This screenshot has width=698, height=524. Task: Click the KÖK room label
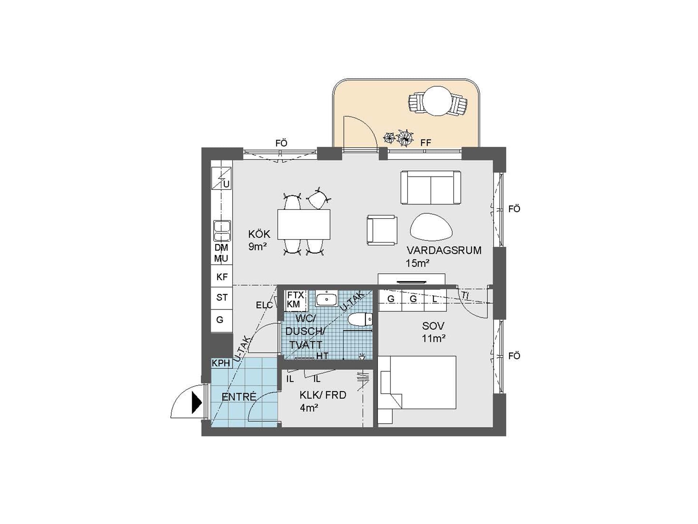(x=259, y=234)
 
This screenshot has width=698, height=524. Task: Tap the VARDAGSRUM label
(x=444, y=250)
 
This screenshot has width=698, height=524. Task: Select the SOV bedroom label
(x=433, y=326)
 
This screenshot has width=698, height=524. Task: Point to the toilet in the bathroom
(x=360, y=319)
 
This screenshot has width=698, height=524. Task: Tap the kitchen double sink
(x=222, y=231)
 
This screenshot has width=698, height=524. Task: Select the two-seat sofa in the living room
(x=431, y=187)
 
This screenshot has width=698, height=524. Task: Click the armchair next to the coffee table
(x=382, y=230)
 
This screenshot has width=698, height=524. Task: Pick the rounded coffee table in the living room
(x=431, y=227)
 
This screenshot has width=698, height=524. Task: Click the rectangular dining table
(x=304, y=224)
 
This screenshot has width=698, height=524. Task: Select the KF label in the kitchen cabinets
(x=222, y=277)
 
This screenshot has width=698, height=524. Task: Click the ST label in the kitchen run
(x=222, y=298)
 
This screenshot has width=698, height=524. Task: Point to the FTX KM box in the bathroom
(x=295, y=300)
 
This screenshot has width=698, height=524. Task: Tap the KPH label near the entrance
(x=221, y=363)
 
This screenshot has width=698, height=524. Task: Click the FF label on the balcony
(x=425, y=143)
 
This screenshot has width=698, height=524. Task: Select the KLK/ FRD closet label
(x=323, y=395)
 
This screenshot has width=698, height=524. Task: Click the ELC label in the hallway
(x=264, y=305)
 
